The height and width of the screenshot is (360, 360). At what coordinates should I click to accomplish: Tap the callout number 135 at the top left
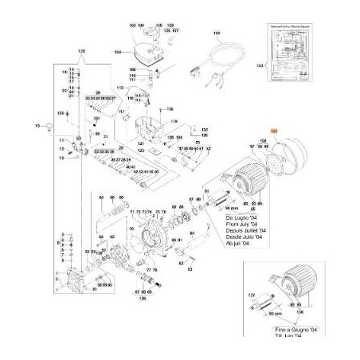click(x=80, y=51)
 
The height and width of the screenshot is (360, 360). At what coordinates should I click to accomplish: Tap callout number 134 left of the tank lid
click(x=117, y=51)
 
